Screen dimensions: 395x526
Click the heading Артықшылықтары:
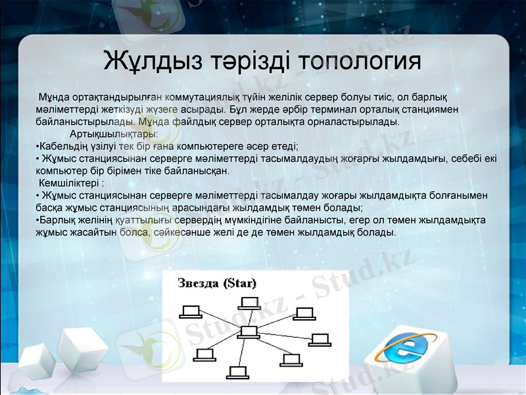pyautogui.click(x=118, y=134)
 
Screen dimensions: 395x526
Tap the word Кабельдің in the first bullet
pyautogui.click(x=64, y=146)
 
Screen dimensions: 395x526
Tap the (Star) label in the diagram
pyautogui.click(x=239, y=283)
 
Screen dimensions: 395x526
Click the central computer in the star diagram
pyautogui.click(x=249, y=332)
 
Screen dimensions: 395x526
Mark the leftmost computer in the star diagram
pyautogui.click(x=191, y=311)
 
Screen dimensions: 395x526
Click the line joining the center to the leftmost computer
pyautogui.click(x=220, y=321)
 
